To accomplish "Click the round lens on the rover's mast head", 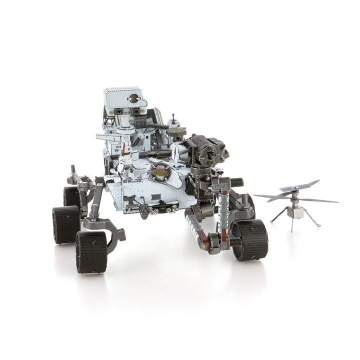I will (133, 98).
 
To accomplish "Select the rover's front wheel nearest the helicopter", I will (250, 239).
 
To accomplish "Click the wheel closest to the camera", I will (91, 251).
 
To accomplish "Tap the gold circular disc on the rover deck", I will (160, 172).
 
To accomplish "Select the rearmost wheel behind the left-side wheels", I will (71, 196).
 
